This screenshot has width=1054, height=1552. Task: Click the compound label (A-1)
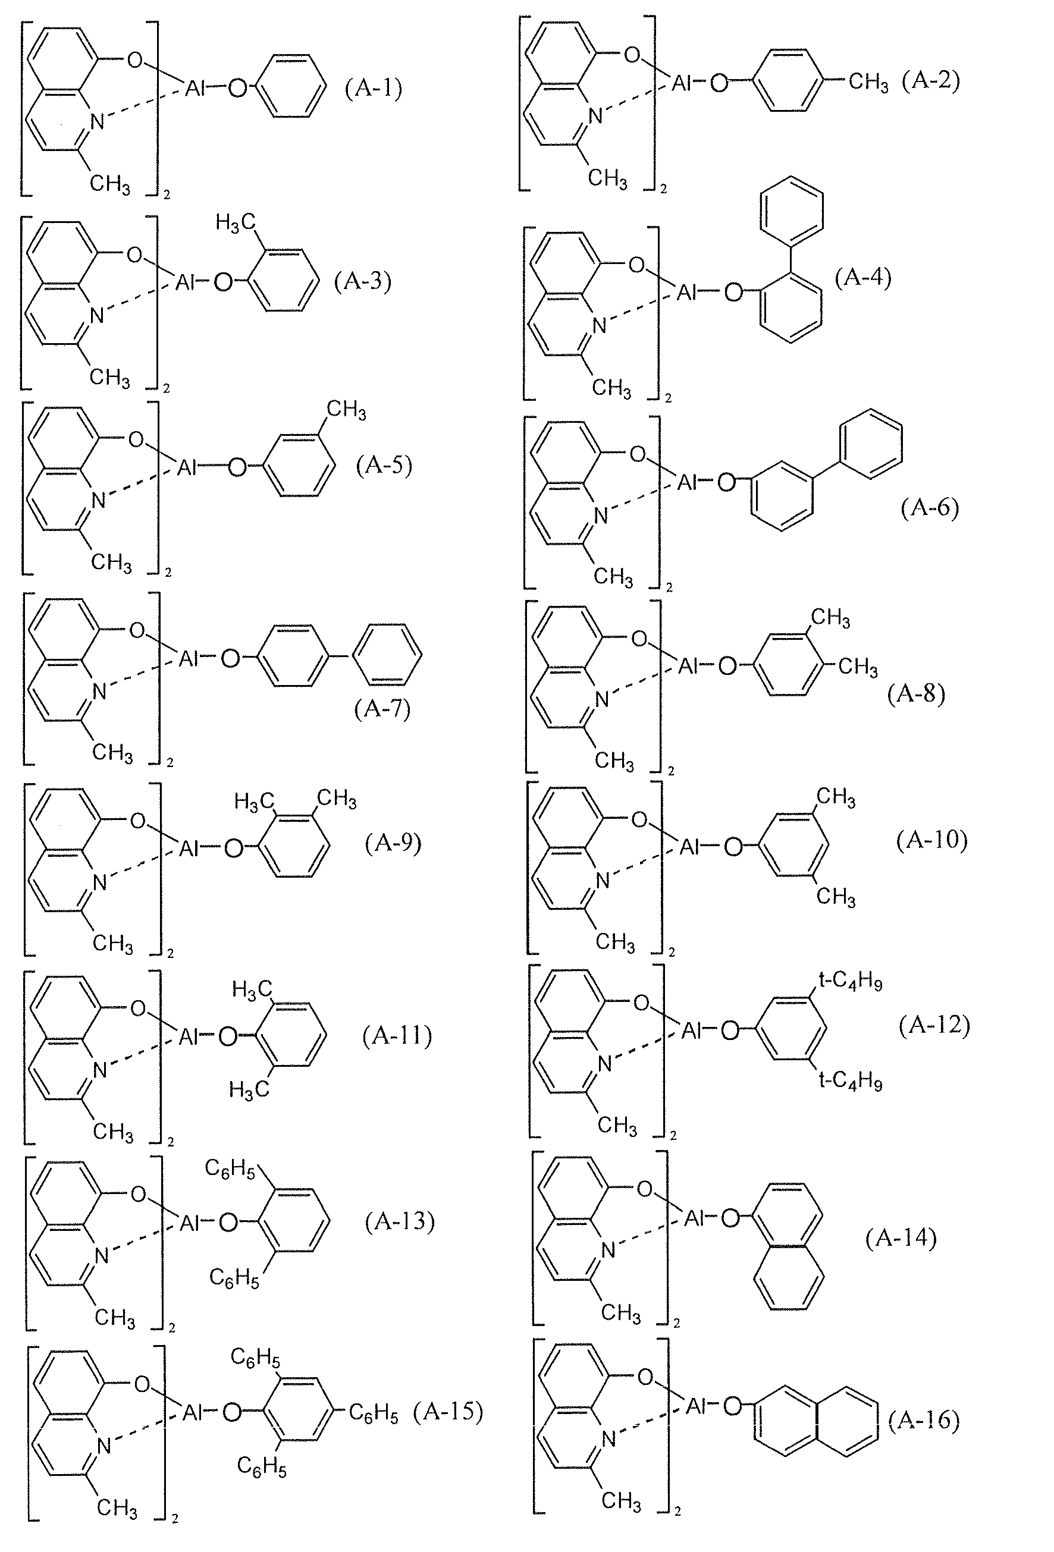click(374, 87)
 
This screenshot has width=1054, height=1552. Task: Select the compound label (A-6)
click(929, 508)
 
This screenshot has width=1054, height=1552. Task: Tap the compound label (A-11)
click(397, 1036)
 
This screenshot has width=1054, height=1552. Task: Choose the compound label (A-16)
click(924, 1420)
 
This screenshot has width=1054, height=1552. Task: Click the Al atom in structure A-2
click(680, 83)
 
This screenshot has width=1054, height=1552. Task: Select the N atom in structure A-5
click(98, 500)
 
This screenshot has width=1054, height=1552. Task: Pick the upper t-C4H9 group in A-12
click(851, 982)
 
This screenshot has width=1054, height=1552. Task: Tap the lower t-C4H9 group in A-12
click(851, 1080)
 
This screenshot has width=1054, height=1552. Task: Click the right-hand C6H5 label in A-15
click(374, 1412)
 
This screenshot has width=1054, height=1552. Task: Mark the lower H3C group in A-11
click(249, 1090)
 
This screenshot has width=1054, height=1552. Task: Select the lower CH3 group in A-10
click(836, 896)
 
